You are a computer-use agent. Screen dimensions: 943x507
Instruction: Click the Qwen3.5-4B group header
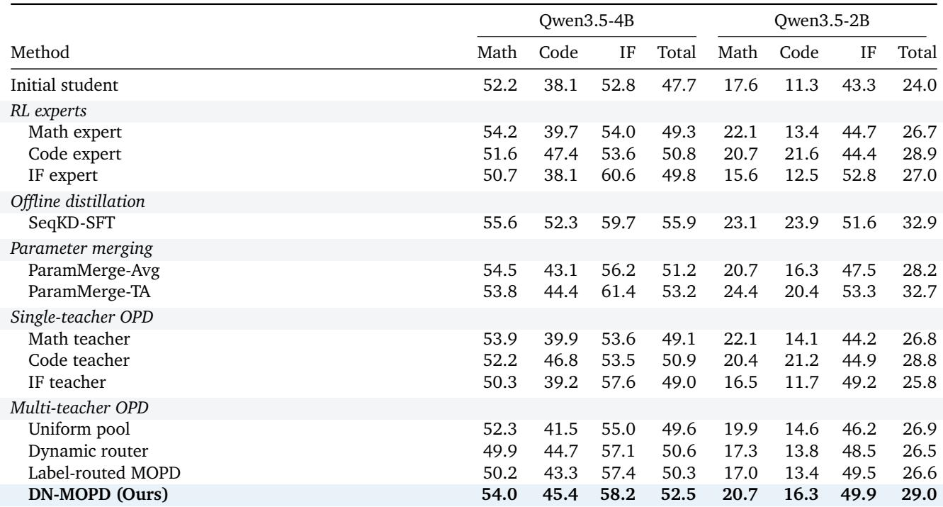[x=587, y=21]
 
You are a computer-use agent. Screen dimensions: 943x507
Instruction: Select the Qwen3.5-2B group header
[x=822, y=21]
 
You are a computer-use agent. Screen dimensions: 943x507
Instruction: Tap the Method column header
[x=40, y=52]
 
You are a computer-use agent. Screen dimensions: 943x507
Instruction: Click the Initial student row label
[x=64, y=85]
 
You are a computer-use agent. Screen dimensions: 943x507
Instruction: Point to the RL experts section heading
[x=48, y=111]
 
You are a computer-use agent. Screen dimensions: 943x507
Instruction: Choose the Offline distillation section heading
[x=77, y=201]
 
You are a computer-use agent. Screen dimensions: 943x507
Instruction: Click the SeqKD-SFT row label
[x=72, y=223]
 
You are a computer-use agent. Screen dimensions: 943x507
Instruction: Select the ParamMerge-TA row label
[x=89, y=291]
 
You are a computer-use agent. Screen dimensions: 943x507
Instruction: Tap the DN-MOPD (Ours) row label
[x=98, y=494]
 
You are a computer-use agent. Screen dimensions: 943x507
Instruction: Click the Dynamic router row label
[x=88, y=451]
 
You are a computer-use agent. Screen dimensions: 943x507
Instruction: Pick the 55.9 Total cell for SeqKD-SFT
[x=679, y=223]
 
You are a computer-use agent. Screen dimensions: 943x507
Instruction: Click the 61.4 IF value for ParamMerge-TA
[x=618, y=291]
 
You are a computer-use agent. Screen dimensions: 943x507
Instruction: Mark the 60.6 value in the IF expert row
[x=618, y=175]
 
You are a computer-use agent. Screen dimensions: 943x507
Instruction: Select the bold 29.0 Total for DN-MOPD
[x=920, y=494]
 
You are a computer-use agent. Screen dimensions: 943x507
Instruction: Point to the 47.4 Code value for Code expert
[x=560, y=154]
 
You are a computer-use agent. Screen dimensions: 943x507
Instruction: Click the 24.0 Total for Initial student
[x=920, y=85]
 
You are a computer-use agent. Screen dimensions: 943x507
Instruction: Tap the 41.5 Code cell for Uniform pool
[x=560, y=429]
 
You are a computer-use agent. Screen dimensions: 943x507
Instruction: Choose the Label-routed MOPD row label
[x=104, y=472]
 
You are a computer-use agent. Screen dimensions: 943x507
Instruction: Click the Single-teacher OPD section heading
[x=81, y=317]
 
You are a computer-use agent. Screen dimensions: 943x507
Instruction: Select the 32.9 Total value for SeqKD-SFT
[x=920, y=223]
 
